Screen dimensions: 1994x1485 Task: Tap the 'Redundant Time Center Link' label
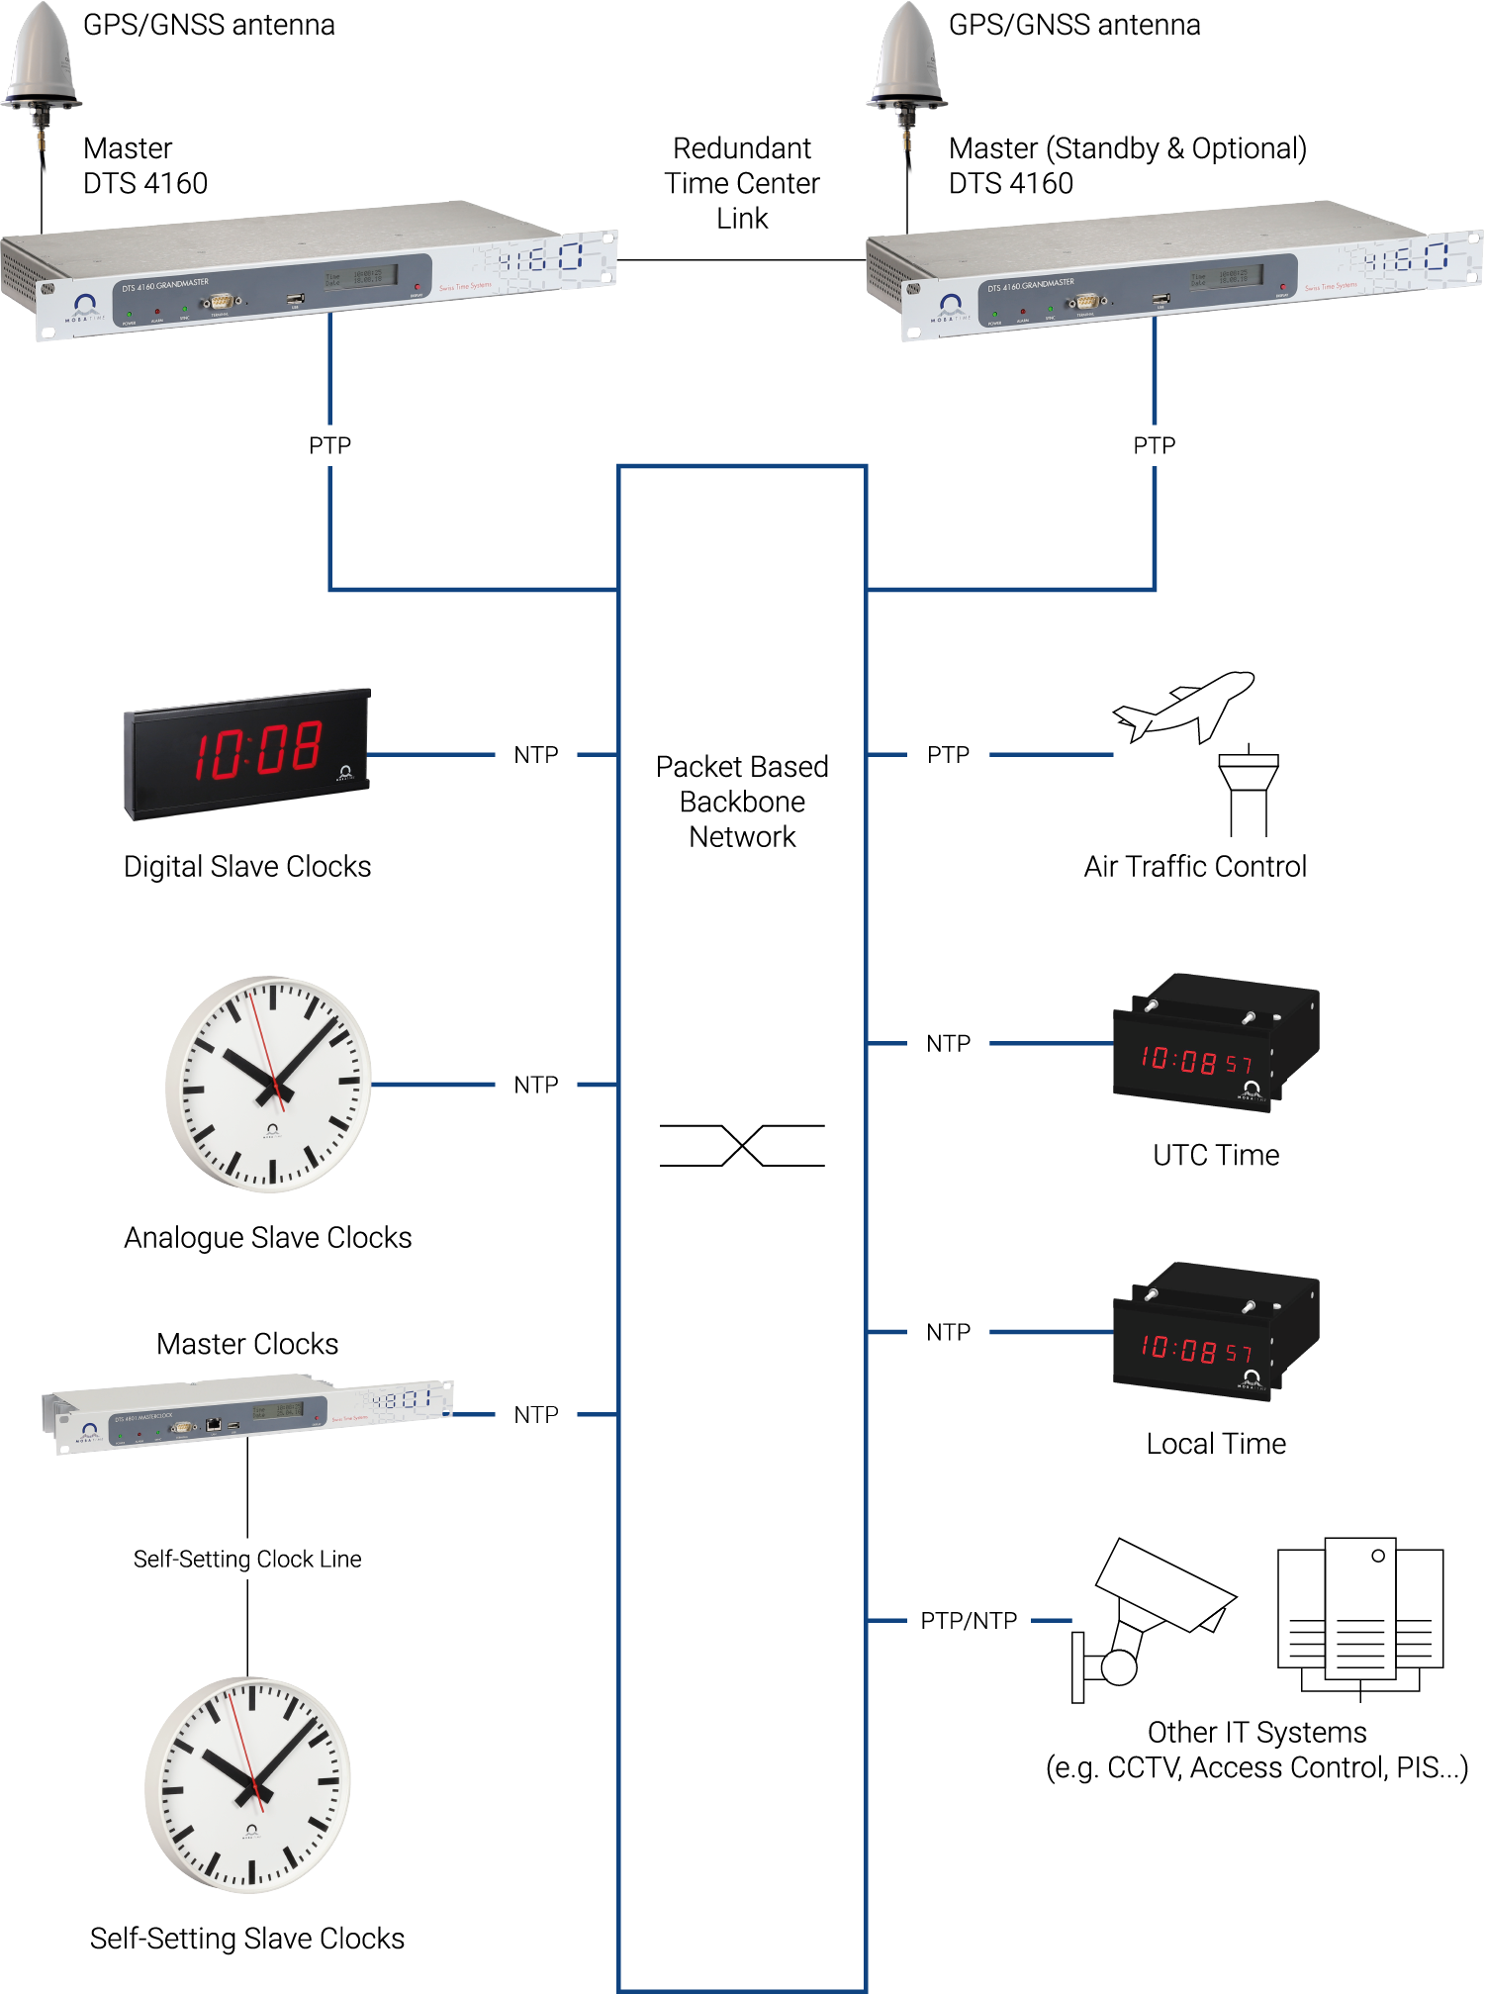tap(742, 183)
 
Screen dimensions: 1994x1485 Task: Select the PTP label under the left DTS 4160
tap(329, 445)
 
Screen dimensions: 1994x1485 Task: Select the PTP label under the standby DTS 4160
tap(1154, 445)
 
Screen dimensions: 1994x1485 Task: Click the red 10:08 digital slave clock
tap(247, 754)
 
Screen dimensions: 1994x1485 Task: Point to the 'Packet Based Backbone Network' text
tap(742, 802)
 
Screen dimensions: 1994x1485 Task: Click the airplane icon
tap(1183, 705)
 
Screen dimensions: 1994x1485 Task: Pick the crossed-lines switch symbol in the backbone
tap(742, 1145)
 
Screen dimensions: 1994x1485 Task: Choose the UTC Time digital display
tap(1215, 1044)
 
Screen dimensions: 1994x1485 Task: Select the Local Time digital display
tap(1215, 1332)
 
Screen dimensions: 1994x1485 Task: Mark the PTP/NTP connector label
tap(969, 1621)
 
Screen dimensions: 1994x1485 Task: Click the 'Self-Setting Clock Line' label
tap(247, 1560)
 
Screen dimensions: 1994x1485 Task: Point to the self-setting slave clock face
tap(248, 1784)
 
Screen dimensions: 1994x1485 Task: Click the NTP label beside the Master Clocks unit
tap(536, 1415)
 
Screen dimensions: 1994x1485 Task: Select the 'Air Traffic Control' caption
tap(1195, 867)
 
